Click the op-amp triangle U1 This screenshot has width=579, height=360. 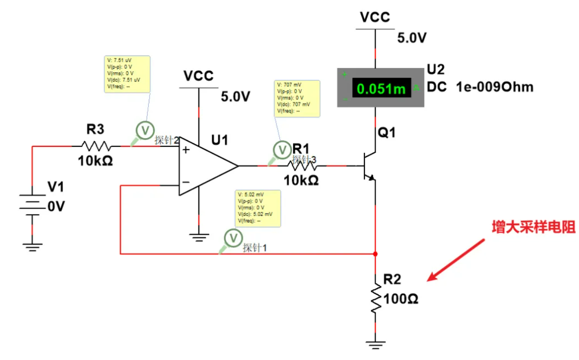(x=205, y=166)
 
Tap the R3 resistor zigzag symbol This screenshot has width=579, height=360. (x=96, y=146)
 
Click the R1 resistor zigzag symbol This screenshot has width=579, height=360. (x=305, y=166)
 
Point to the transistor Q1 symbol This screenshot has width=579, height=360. (x=369, y=166)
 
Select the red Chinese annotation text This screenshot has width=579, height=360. (x=534, y=227)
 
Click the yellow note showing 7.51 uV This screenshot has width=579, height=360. (x=126, y=74)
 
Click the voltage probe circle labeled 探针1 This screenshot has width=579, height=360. (x=232, y=238)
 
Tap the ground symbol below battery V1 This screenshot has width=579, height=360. (x=32, y=246)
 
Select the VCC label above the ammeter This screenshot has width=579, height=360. (x=375, y=17)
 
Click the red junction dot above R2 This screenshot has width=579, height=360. (x=376, y=254)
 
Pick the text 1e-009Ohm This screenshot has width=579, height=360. (x=494, y=87)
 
